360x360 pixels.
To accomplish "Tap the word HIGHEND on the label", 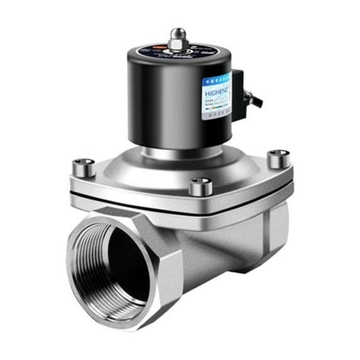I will tap(216, 92).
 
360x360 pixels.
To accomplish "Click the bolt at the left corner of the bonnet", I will tap(84, 167).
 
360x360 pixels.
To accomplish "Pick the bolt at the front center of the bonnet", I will tap(200, 186).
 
